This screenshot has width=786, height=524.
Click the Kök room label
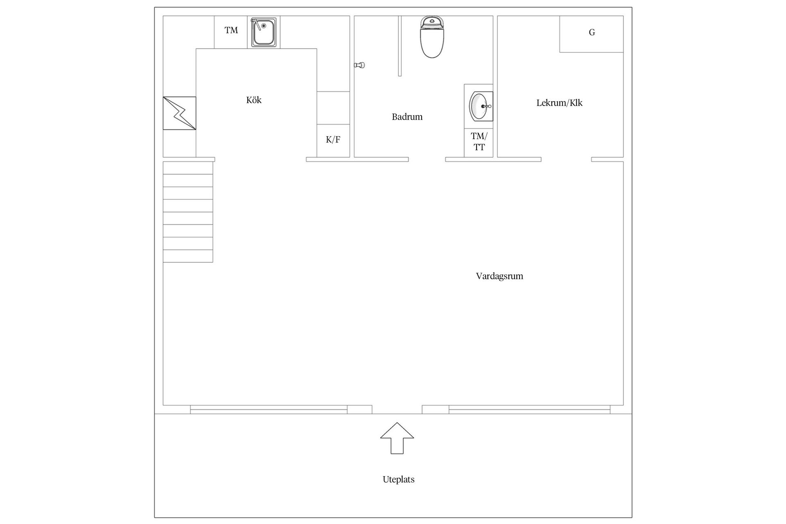point(254,100)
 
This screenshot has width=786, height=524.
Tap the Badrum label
point(407,117)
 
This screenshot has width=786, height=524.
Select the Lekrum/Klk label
point(559,103)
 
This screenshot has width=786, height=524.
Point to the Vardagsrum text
point(499,276)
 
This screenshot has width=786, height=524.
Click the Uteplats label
point(398,479)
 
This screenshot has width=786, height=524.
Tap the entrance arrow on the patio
point(397,438)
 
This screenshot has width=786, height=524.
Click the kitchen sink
point(264,32)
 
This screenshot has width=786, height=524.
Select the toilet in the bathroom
point(432,36)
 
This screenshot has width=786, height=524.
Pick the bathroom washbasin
point(481,106)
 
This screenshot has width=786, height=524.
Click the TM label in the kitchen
point(231,30)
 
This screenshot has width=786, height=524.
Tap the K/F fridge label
point(333,140)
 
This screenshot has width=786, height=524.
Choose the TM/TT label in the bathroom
point(479,142)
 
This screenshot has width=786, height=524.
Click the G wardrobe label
point(592,32)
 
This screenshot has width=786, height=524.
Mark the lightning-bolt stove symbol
point(179,113)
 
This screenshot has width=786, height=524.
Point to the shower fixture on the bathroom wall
point(359,65)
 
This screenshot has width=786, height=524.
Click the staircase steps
point(188,212)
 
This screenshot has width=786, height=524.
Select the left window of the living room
point(269,409)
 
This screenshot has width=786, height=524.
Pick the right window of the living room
point(529,409)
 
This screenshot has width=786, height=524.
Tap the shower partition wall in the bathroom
point(400,46)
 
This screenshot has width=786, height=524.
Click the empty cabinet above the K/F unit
point(333,108)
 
